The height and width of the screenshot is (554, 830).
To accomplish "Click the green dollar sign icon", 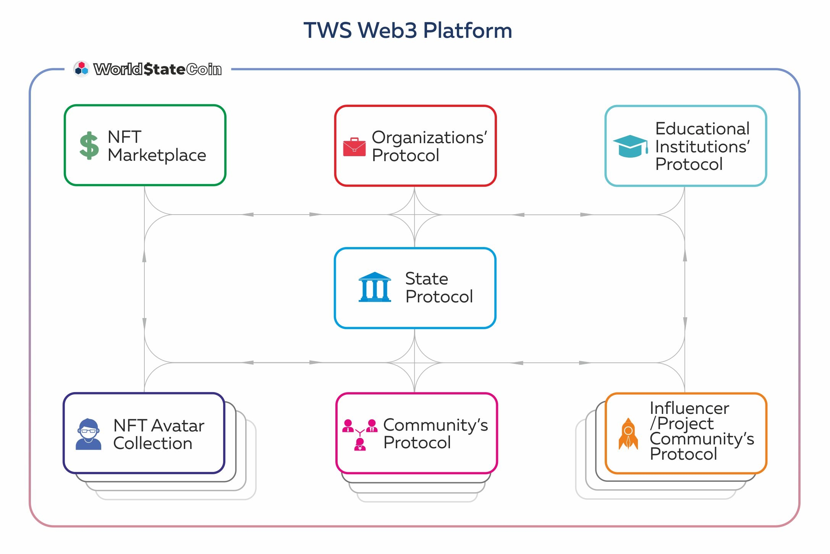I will pos(89,145).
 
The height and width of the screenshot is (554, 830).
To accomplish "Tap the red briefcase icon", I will pos(354,147).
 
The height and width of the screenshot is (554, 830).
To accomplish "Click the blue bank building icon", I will pos(375,287).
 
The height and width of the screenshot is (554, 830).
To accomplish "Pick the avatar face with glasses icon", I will pos(89,434).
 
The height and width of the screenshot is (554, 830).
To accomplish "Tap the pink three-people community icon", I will pos(360,435).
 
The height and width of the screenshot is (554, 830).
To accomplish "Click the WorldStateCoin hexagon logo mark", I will pos(81,69).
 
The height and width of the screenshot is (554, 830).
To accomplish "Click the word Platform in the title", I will pos(468,31).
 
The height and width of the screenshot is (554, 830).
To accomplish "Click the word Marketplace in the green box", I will pos(157,155).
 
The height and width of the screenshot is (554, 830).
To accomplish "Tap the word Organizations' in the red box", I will pos(429,137).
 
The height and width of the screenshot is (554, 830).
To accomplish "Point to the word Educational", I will pos(702,129).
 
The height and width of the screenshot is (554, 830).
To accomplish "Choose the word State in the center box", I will pos(426,279).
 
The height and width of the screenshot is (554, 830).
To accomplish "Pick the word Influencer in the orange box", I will pos(689,408).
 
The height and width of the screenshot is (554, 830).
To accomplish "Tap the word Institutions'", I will pos(702,147).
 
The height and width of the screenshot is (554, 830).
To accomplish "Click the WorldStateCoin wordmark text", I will pos(157,69).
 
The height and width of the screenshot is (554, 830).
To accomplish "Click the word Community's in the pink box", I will pos(435,425).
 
